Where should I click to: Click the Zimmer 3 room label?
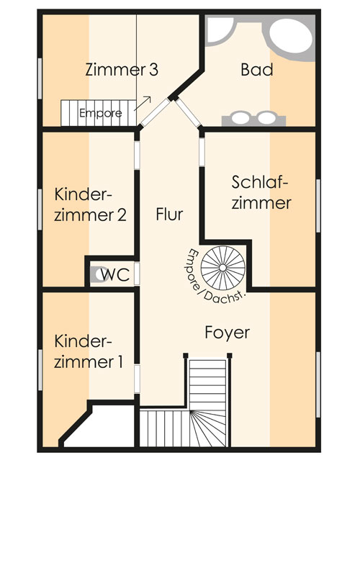coord(122,69)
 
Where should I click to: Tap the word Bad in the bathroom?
coord(257,69)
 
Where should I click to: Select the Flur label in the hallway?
coord(169,214)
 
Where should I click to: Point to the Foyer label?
coord(228,333)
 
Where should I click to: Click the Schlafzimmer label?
coord(261,192)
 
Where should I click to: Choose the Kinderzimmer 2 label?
coord(90,204)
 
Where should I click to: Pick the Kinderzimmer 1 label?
coord(89,351)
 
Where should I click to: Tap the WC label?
coord(115,274)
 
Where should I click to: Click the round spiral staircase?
coord(222,268)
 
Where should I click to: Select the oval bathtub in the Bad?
coord(292,35)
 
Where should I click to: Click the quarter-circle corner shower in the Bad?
coord(218,31)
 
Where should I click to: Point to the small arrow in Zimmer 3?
coord(143,103)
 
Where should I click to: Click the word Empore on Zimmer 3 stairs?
coord(101,113)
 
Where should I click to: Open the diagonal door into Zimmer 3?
coord(156,112)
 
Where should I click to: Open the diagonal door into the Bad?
coord(188,112)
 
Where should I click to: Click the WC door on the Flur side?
coord(137,274)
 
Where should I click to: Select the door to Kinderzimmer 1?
coord(137,379)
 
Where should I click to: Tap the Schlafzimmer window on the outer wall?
coord(318,206)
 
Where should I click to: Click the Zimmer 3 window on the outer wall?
coord(40,78)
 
